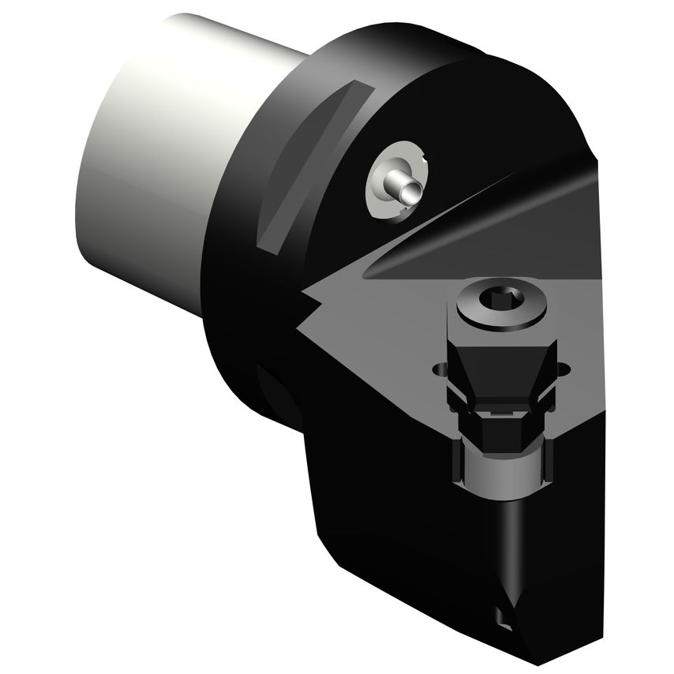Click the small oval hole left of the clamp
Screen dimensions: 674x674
439,369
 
